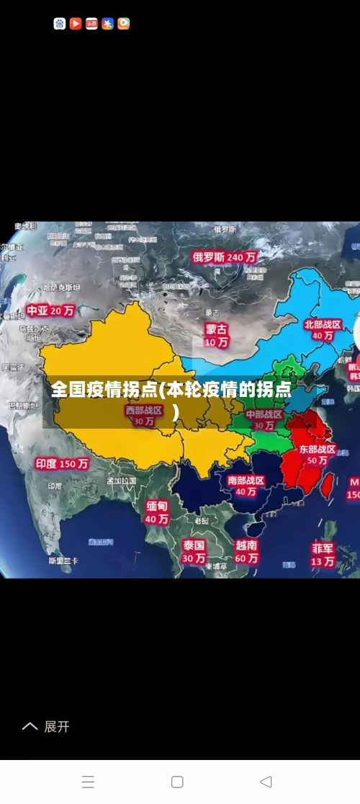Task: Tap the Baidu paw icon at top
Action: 60,24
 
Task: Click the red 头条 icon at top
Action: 91,24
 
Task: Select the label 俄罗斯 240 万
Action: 224,256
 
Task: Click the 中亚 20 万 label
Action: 50,311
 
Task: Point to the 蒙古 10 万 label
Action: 216,335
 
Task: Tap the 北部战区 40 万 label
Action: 323,330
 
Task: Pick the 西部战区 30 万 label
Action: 144,416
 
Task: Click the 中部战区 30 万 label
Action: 264,420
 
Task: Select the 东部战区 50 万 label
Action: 318,454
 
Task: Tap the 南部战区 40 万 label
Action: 246,486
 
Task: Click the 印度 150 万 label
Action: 62,464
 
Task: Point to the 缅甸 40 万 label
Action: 157,512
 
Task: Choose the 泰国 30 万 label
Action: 193,551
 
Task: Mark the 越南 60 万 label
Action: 246,552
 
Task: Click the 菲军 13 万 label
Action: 323,554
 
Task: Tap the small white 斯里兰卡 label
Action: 63,560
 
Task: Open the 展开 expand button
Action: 47,727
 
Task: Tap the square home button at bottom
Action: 177,782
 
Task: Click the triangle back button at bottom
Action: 266,782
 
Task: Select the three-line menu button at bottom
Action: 88,782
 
